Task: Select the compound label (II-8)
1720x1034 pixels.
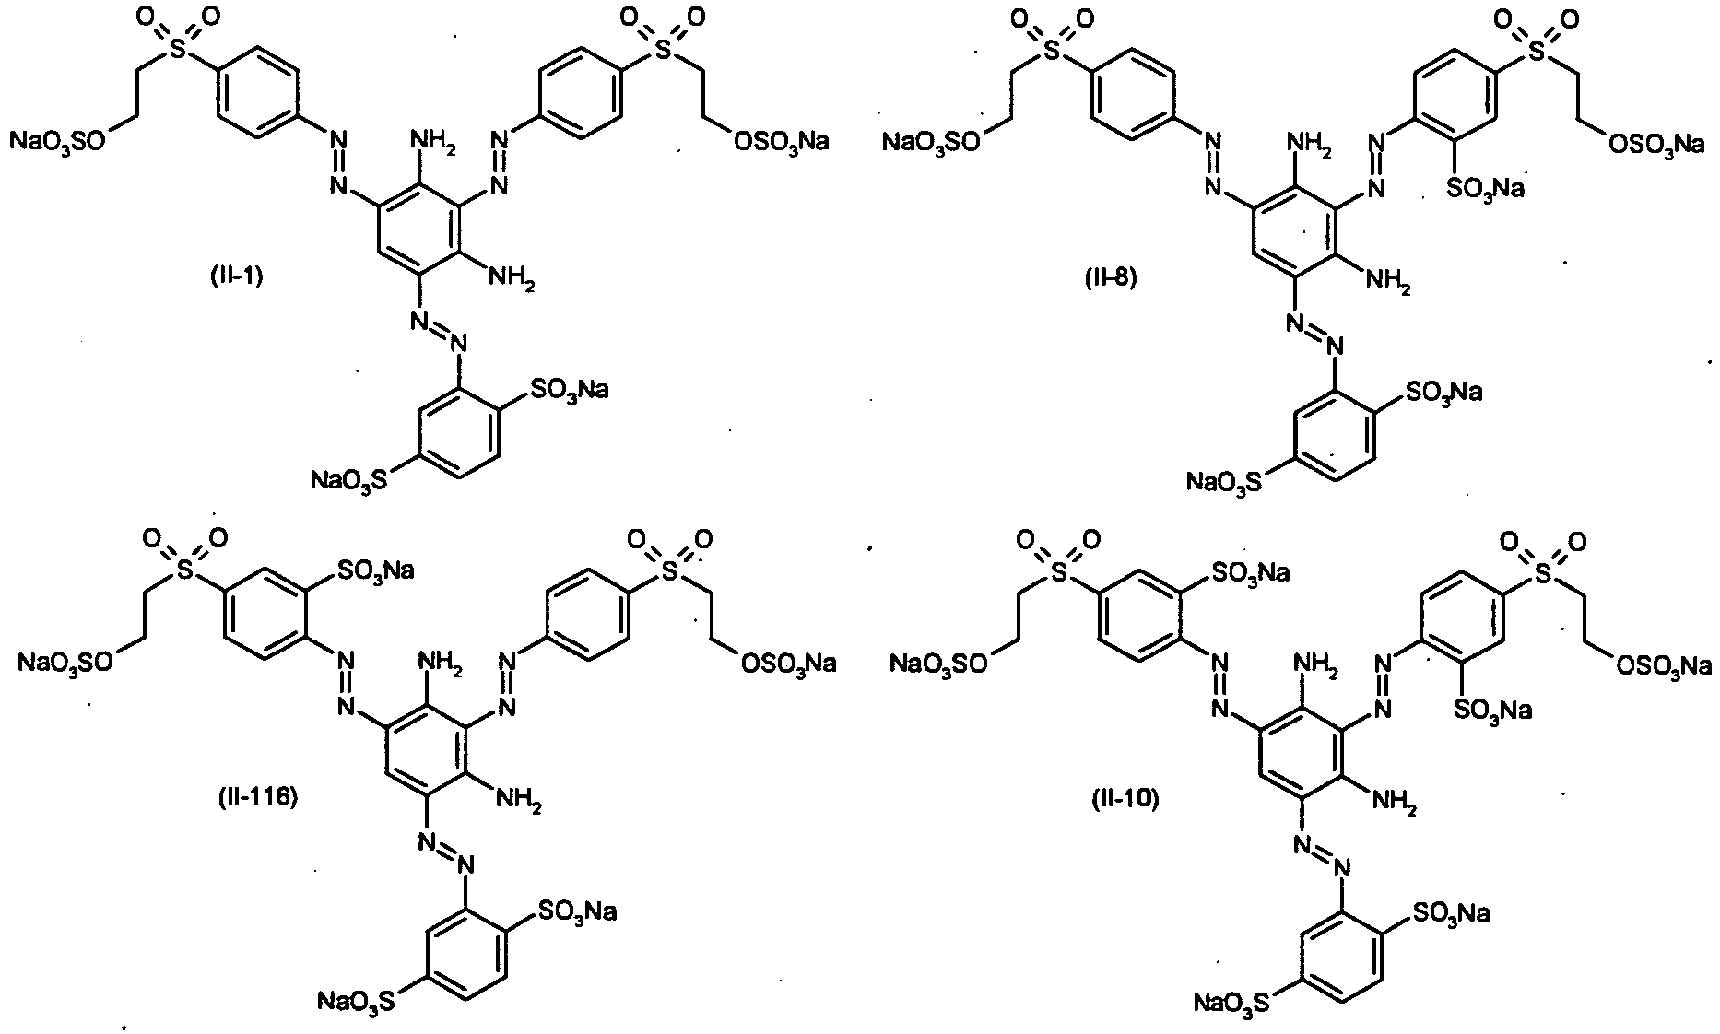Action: coord(1111,276)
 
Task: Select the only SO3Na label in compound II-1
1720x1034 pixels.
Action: coord(569,390)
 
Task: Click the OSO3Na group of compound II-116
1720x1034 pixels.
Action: coord(787,664)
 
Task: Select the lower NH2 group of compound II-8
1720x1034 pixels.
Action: coord(1387,282)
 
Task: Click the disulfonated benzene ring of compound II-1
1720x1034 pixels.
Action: coord(461,429)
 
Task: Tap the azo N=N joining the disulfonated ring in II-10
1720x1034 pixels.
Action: coord(1321,854)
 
